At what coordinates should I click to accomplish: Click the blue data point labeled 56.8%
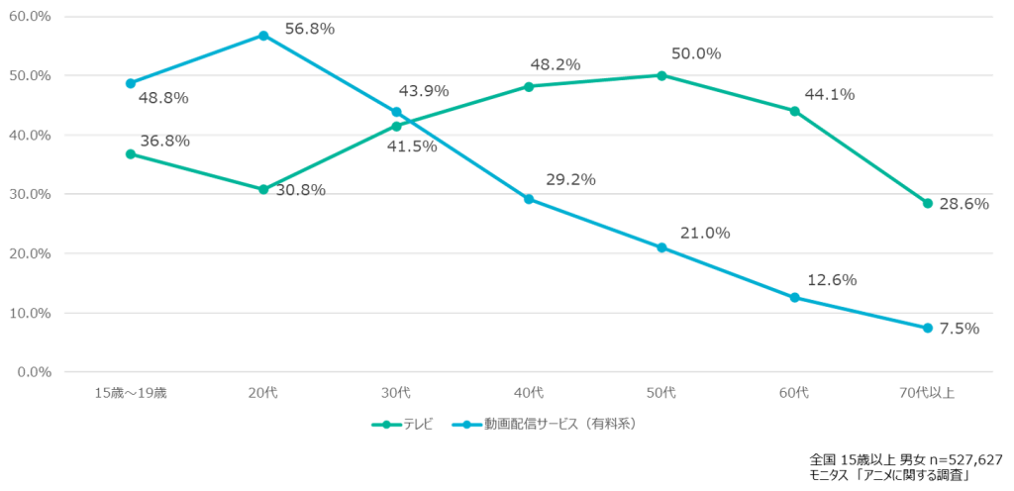tap(263, 36)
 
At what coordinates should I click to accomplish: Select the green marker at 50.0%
tap(661, 75)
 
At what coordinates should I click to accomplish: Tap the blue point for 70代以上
tap(928, 328)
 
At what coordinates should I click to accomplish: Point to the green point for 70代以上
tap(928, 203)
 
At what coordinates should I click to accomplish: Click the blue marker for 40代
tap(529, 199)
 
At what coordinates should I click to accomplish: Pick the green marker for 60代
tap(794, 111)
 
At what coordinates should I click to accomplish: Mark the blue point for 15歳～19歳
tap(130, 83)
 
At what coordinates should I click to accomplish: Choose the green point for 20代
tap(263, 189)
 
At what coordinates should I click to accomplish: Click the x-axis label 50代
tap(661, 394)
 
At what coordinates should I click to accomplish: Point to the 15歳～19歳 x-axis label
tap(130, 394)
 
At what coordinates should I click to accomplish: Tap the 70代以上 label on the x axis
tap(928, 394)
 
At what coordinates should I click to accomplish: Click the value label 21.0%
tap(705, 233)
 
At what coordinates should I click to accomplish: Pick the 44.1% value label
tap(830, 94)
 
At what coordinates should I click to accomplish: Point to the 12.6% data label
tap(832, 280)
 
